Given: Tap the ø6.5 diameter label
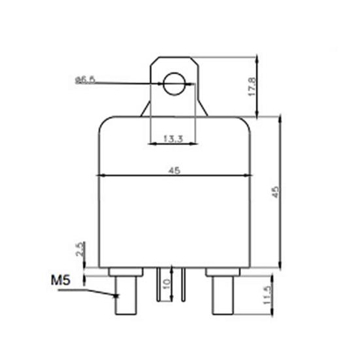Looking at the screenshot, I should pyautogui.click(x=85, y=80).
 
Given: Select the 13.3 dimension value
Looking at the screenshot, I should pyautogui.click(x=172, y=138).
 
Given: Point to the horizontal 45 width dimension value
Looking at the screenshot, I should pyautogui.click(x=174, y=170).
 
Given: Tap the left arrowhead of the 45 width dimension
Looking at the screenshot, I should pyautogui.click(x=100, y=175).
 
